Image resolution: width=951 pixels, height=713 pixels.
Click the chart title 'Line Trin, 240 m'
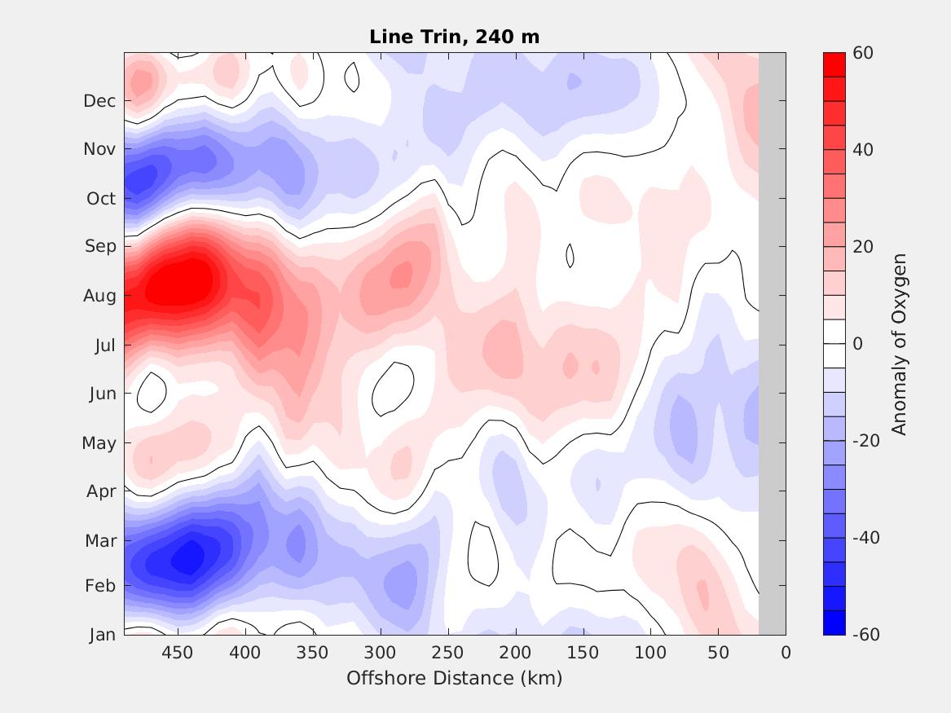(x=454, y=37)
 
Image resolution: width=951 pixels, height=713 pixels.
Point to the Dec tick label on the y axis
(x=99, y=101)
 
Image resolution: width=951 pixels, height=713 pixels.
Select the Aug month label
(x=99, y=296)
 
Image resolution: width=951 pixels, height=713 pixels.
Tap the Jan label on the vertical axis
(x=102, y=634)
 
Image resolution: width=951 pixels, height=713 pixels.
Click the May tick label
(x=99, y=443)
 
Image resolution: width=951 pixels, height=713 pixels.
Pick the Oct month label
(x=101, y=198)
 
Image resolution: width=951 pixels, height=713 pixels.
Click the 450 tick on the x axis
(x=178, y=653)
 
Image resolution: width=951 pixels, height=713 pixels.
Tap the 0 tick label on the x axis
(x=786, y=653)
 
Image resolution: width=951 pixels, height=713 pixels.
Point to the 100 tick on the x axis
(x=651, y=653)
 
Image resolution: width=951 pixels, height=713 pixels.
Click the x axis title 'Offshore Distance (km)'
(x=454, y=678)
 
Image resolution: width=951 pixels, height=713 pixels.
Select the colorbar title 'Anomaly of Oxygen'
(x=899, y=344)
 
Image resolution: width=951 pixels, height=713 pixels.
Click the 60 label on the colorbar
(x=862, y=53)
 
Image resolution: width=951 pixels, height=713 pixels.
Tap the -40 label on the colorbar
(x=865, y=537)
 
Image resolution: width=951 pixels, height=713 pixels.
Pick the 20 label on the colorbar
(x=862, y=247)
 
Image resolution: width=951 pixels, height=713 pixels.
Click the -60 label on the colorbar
(x=865, y=634)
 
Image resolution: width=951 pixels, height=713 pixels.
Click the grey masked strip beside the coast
(x=772, y=344)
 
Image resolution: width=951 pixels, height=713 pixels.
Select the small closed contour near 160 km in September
(x=570, y=255)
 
